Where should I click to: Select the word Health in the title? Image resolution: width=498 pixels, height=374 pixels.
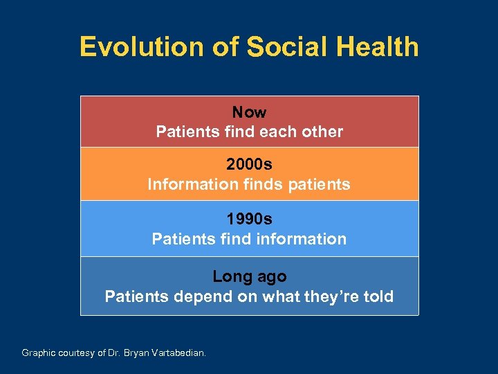pos(377,47)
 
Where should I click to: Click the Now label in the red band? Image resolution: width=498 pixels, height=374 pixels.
pos(249,112)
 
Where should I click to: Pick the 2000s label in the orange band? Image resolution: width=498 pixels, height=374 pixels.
pos(249,165)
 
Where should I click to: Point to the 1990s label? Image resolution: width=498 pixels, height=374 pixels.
pos(249,219)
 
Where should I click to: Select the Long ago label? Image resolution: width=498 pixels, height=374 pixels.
pos(249,276)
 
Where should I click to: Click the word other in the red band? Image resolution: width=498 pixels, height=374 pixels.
pos(322,132)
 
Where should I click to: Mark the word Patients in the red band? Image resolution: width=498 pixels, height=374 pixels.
pos(185,132)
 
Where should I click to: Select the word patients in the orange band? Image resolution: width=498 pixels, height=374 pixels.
pos(319,185)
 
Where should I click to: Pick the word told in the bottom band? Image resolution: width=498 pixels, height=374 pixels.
pos(378,297)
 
